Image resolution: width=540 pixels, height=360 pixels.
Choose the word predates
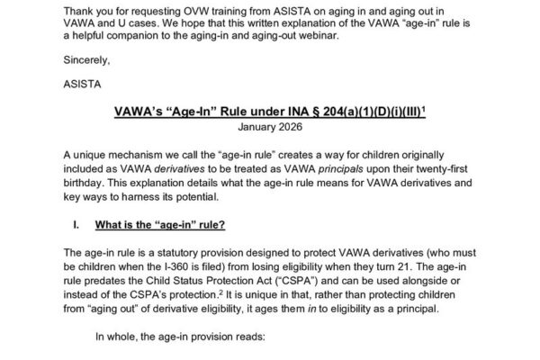pyautogui.click(x=106, y=278)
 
